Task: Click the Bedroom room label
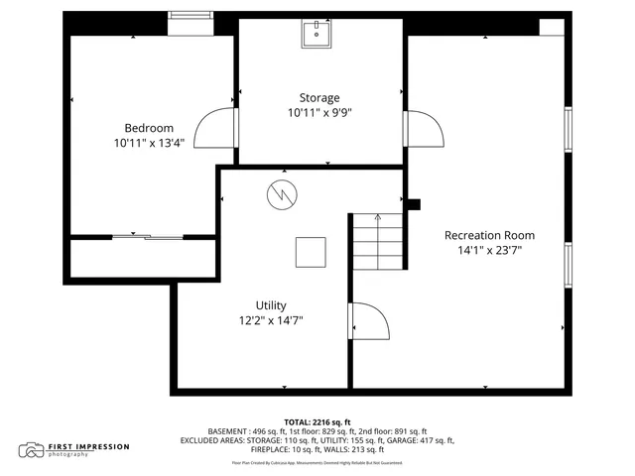click(x=149, y=128)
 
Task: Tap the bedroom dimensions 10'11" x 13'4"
click(x=149, y=143)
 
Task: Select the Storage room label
click(x=319, y=98)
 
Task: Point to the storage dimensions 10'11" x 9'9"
click(x=319, y=113)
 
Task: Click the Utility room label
click(x=271, y=304)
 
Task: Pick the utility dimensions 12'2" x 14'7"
click(x=271, y=319)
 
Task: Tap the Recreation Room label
click(x=489, y=235)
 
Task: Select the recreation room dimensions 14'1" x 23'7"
click(x=489, y=250)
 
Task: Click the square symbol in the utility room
click(x=311, y=252)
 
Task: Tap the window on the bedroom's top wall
click(x=190, y=15)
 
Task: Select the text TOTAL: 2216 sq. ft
click(x=317, y=421)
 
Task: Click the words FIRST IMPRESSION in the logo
click(x=89, y=446)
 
